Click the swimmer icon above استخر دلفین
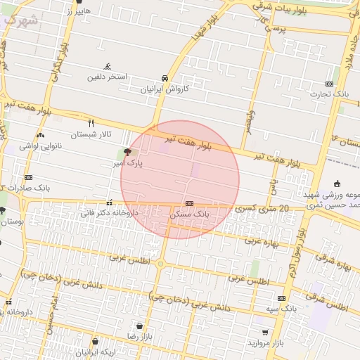[x=107, y=66]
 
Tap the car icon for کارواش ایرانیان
[x=165, y=78]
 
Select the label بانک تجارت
[x=332, y=93]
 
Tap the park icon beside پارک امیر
[x=127, y=151]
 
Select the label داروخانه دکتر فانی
[x=109, y=212]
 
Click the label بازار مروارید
[x=264, y=342]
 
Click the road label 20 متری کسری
[x=265, y=209]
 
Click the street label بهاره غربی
[x=262, y=242]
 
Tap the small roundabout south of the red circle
[x=161, y=264]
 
